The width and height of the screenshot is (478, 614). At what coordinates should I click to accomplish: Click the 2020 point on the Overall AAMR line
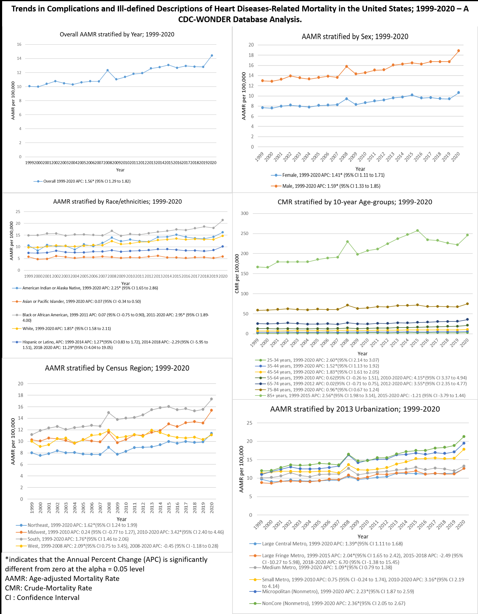(x=212, y=56)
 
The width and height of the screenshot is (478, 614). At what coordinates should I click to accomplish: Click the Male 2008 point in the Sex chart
(x=346, y=67)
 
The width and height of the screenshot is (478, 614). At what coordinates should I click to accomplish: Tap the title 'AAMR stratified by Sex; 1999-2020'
(x=355, y=37)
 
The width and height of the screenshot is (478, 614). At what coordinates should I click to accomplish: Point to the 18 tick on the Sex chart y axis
(x=251, y=55)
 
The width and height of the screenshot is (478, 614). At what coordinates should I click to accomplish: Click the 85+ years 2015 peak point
(x=417, y=230)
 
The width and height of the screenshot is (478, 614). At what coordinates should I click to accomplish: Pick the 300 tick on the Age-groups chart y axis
(x=245, y=213)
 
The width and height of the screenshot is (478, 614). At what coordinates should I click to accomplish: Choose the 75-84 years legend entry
(x=323, y=390)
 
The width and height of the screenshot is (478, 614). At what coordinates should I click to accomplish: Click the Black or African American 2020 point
(x=222, y=220)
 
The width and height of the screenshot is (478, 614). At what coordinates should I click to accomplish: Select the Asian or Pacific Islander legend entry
(x=82, y=301)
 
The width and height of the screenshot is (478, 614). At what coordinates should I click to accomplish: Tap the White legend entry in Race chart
(x=67, y=328)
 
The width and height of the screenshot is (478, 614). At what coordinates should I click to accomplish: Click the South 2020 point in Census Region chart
(x=211, y=399)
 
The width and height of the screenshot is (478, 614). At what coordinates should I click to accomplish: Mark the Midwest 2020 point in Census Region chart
(x=211, y=410)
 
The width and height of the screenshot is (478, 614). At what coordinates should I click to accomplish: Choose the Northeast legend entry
(x=82, y=525)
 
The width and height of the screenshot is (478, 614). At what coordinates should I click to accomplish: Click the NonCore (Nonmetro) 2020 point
(x=464, y=437)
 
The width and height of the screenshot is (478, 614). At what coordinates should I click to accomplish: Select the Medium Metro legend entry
(x=327, y=567)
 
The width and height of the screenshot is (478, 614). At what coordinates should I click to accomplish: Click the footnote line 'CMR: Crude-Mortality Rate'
(x=49, y=588)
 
